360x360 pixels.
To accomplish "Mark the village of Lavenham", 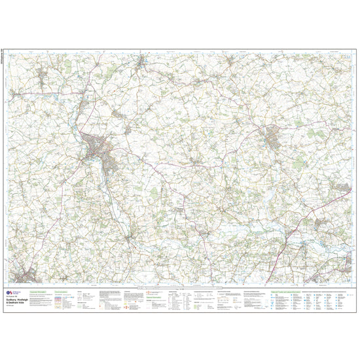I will (143, 62).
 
